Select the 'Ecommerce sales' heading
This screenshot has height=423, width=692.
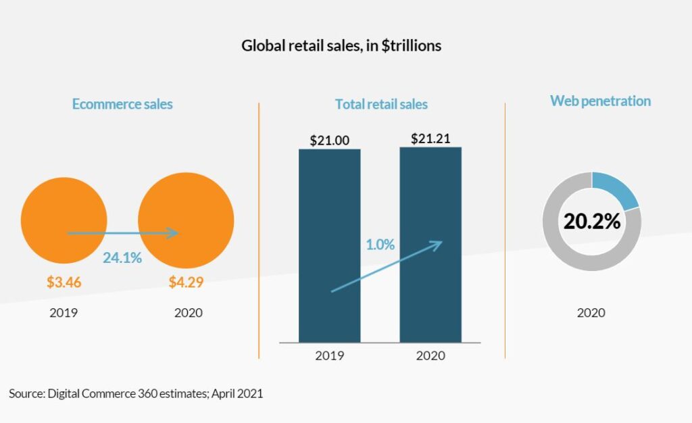point(122,104)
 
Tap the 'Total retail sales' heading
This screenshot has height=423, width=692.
point(381,104)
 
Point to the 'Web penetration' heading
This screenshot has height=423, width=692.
point(600,101)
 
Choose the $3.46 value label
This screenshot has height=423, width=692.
point(64,282)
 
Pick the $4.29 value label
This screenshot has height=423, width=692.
point(186,282)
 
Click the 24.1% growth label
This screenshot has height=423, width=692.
point(122,257)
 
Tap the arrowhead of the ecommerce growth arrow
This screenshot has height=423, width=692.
point(174,233)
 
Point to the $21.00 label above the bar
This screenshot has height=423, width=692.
point(329,141)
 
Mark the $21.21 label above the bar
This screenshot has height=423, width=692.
point(430,139)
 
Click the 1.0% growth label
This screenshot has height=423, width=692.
point(380,245)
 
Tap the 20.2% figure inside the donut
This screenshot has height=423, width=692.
point(592,221)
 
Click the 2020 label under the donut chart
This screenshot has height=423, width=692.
point(591,313)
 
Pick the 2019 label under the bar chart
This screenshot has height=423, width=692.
point(329,355)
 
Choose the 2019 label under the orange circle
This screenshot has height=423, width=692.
point(64,313)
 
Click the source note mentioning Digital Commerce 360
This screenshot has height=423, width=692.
point(136,393)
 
